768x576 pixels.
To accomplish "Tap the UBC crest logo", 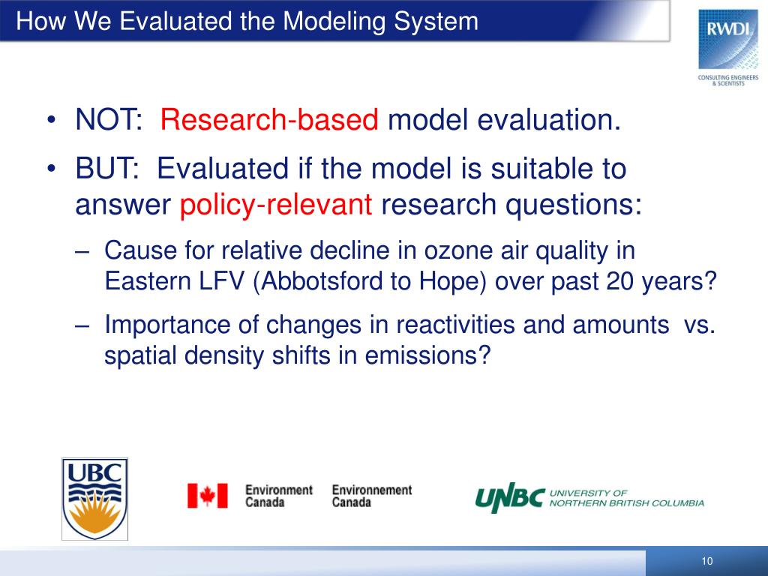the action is point(95,499).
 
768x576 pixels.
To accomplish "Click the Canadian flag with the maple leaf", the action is point(207,496).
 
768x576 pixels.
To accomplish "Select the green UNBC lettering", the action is point(510,498).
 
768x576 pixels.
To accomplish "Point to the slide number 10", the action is point(706,561).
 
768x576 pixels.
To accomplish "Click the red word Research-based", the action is point(269,119).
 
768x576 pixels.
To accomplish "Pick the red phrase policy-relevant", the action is point(276,204).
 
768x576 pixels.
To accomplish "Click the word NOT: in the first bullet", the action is point(109,119).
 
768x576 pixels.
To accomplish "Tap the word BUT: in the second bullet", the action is point(107,169).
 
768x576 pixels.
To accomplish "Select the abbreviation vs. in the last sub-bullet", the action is point(700,325).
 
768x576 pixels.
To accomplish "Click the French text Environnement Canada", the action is point(372,496).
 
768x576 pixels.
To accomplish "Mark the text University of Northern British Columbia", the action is point(626,498).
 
